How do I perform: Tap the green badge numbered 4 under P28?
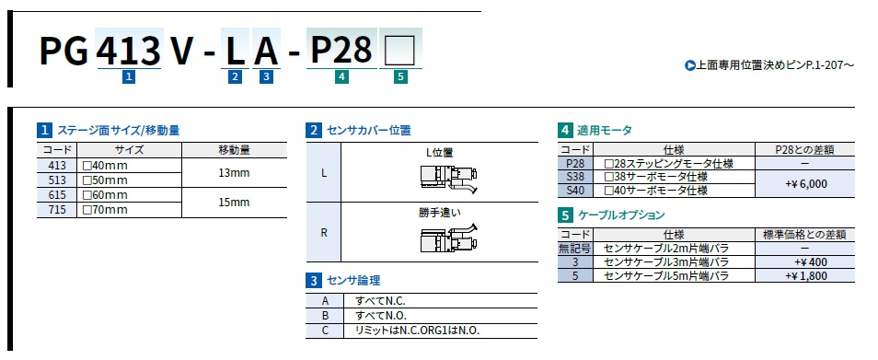(341, 77)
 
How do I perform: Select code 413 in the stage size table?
(57, 166)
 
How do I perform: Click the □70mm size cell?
(105, 210)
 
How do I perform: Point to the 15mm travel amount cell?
(234, 203)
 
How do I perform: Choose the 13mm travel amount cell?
(234, 173)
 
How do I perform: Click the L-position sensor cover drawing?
(449, 177)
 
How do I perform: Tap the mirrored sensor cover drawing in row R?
(449, 238)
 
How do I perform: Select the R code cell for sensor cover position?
(324, 232)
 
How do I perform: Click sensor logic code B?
(325, 315)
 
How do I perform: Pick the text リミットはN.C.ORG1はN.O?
(418, 331)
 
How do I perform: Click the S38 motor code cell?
(575, 177)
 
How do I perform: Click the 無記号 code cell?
(575, 248)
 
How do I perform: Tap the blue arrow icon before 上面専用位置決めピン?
(690, 65)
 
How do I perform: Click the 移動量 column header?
(234, 150)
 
